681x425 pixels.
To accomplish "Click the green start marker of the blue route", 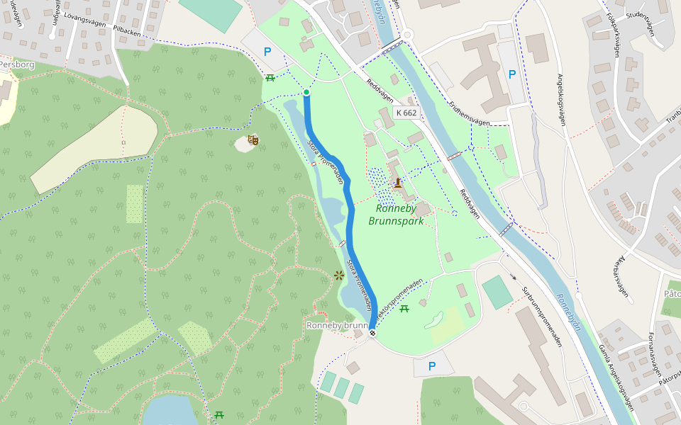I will [x=306, y=92].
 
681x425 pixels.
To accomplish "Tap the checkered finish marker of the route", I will [x=372, y=332].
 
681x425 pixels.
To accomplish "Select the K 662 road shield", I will [x=406, y=113].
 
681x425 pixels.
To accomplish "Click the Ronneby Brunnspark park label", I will [x=396, y=215].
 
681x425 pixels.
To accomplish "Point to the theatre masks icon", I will [x=252, y=140].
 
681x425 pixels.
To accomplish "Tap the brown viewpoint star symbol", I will [x=338, y=275].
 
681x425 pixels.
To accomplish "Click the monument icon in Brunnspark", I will [x=398, y=183].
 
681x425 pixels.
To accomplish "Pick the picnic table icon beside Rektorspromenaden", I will [x=404, y=308].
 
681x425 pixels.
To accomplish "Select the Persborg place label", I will [x=16, y=64].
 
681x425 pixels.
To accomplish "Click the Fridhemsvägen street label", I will [x=469, y=114].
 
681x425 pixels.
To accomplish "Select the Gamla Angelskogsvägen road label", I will [x=615, y=378].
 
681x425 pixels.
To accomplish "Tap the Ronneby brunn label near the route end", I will [x=337, y=325].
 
